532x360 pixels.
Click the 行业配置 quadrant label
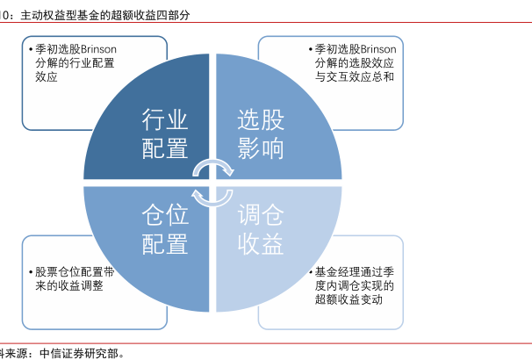click(x=164, y=134)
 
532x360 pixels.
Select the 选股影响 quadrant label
click(x=261, y=134)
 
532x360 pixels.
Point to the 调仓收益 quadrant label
click(x=261, y=229)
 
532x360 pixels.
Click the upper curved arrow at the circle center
click(x=214, y=166)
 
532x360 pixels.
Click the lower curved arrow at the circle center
click(x=212, y=195)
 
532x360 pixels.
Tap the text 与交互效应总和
click(x=356, y=77)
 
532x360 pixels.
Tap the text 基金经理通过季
click(x=355, y=272)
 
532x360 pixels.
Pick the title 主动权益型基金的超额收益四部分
click(x=104, y=16)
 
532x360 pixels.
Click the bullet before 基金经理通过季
click(x=308, y=273)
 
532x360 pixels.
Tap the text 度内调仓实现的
click(x=355, y=286)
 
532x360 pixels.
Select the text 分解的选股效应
click(x=355, y=64)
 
